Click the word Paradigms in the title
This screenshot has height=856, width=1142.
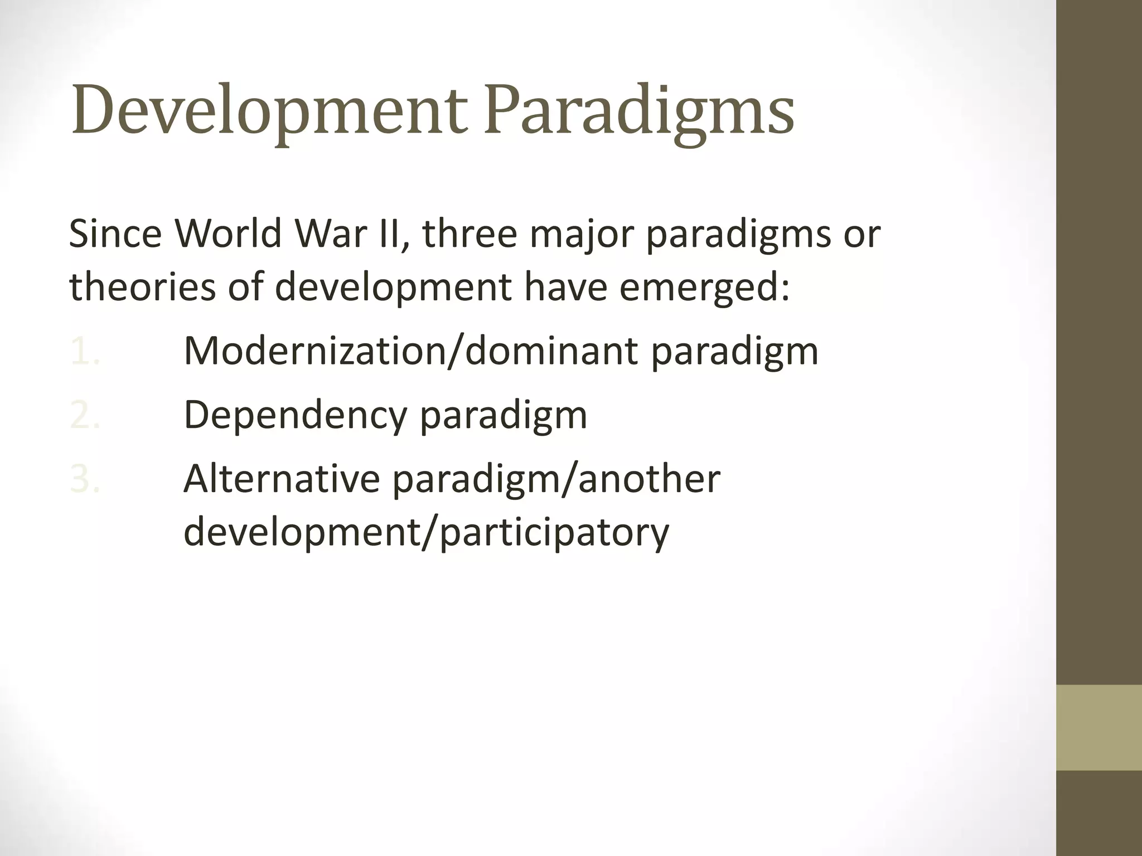(x=638, y=110)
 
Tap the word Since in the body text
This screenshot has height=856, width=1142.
(x=114, y=234)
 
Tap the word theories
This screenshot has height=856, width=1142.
(x=142, y=287)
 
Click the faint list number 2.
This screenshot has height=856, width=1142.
(x=85, y=415)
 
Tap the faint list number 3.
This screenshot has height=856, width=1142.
(x=85, y=479)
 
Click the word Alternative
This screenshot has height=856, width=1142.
(x=282, y=479)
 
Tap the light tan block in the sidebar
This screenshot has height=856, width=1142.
(x=1099, y=727)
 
